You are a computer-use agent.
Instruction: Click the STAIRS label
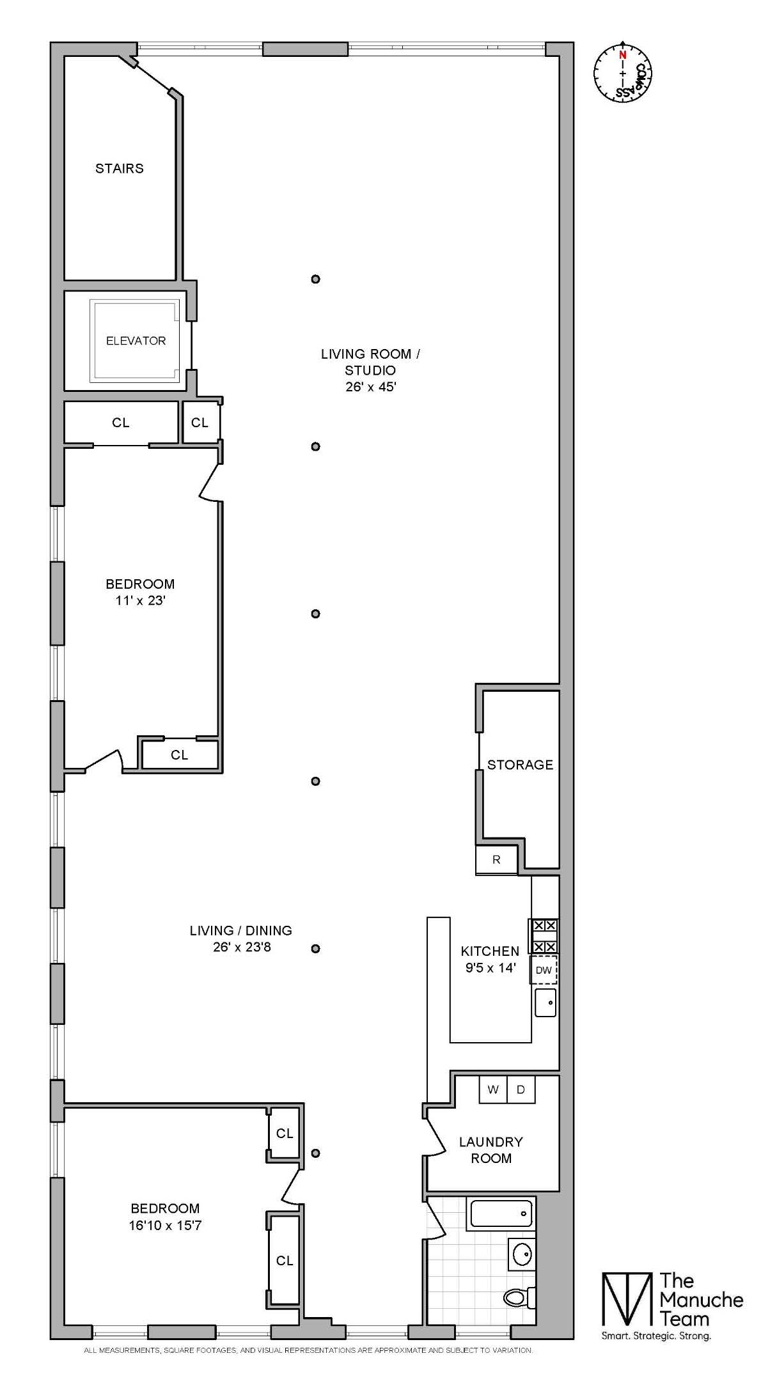point(120,168)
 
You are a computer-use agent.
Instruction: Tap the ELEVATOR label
point(136,341)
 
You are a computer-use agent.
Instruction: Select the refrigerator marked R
point(496,860)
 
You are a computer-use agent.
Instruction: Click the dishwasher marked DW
point(544,970)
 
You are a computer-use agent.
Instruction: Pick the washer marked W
point(493,1089)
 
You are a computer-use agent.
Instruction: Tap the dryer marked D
point(521,1089)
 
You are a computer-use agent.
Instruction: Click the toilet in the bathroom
point(519,1297)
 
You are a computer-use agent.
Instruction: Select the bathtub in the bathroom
point(501,1213)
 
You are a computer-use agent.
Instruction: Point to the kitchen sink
point(545,1003)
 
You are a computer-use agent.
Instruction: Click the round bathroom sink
point(522,1254)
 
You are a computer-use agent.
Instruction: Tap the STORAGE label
point(520,765)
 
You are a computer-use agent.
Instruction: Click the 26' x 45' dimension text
point(372,387)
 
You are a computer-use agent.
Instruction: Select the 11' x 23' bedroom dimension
point(140,600)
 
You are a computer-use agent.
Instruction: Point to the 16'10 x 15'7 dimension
point(165,1226)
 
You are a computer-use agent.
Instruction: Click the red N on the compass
point(622,55)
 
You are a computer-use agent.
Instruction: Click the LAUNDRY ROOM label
point(491,1150)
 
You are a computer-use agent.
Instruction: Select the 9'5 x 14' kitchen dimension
point(491,968)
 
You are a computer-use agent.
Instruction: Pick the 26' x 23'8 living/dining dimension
point(242,947)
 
